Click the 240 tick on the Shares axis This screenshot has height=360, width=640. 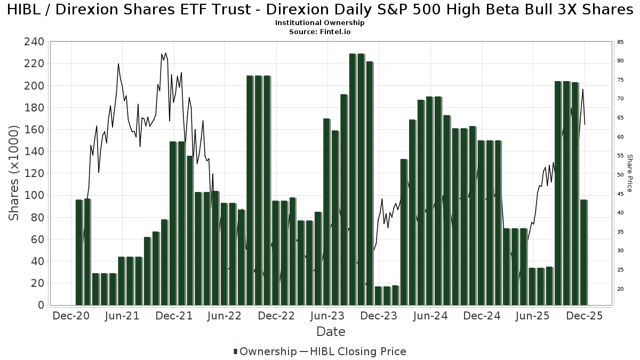coord(34,42)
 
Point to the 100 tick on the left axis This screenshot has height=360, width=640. coord(34,195)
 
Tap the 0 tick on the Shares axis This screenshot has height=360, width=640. coord(40,305)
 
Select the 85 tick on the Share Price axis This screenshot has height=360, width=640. coord(621,42)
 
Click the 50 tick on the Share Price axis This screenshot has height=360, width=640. coord(621,175)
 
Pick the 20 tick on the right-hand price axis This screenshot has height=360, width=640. coord(621,289)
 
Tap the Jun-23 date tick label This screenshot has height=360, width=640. coord(327,316)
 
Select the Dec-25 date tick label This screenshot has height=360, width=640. coord(584,316)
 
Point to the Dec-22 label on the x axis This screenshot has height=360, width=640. coord(276,316)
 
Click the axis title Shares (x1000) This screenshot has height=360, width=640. coord(14,173)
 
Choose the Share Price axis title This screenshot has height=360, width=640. coord(629,173)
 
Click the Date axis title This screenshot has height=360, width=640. coord(331,332)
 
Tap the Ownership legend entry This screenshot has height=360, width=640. coord(266,351)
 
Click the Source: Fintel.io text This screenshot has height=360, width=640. coord(320,32)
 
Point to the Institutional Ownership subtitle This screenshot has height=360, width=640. coord(320,23)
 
